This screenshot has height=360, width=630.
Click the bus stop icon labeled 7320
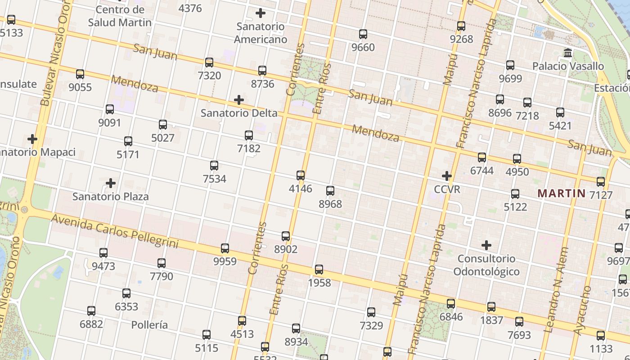(209, 63)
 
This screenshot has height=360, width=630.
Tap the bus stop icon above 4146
(301, 175)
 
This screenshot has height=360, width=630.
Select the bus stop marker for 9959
(225, 248)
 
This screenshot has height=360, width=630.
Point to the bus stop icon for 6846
(451, 304)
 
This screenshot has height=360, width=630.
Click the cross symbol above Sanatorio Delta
(239, 100)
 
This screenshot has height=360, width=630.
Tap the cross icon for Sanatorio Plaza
(111, 183)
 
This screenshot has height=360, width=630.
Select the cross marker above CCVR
(447, 175)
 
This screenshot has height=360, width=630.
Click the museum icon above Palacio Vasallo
(568, 53)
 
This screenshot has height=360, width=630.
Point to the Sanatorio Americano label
(261, 33)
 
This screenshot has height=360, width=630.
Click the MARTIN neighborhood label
(562, 194)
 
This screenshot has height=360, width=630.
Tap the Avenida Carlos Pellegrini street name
(115, 232)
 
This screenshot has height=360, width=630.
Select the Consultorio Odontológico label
(486, 265)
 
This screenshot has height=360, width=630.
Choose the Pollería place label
(149, 325)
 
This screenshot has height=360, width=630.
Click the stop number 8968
(330, 204)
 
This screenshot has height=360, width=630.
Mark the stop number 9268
(461, 39)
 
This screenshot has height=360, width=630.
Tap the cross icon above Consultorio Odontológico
(486, 245)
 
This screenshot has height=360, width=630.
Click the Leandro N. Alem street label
(556, 290)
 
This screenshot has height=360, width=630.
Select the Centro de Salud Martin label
(120, 16)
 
